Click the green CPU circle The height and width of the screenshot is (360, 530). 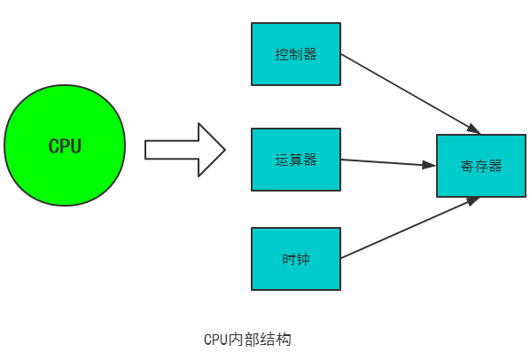65,145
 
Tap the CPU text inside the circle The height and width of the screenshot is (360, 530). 65,146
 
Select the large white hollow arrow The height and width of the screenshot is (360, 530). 185,150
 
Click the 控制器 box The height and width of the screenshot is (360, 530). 296,54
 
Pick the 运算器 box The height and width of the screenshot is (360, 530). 296,160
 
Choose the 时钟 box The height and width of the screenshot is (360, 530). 296,259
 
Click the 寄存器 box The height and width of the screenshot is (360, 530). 481,166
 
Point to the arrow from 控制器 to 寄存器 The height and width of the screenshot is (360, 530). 410,94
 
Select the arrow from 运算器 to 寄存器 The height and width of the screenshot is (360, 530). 388,162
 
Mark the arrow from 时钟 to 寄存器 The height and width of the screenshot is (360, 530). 410,228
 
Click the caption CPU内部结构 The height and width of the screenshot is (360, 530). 247,340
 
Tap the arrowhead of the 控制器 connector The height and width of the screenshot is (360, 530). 474,129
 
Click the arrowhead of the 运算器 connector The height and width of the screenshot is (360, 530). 429,165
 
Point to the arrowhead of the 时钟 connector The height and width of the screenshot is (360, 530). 474,200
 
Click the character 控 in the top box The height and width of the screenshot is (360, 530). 282,54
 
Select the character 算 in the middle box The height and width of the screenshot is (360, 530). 296,160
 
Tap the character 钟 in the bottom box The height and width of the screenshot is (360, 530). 303,259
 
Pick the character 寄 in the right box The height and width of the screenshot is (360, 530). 467,166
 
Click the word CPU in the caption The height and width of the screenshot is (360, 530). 215,340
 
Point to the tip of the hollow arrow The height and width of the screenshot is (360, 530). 225,150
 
